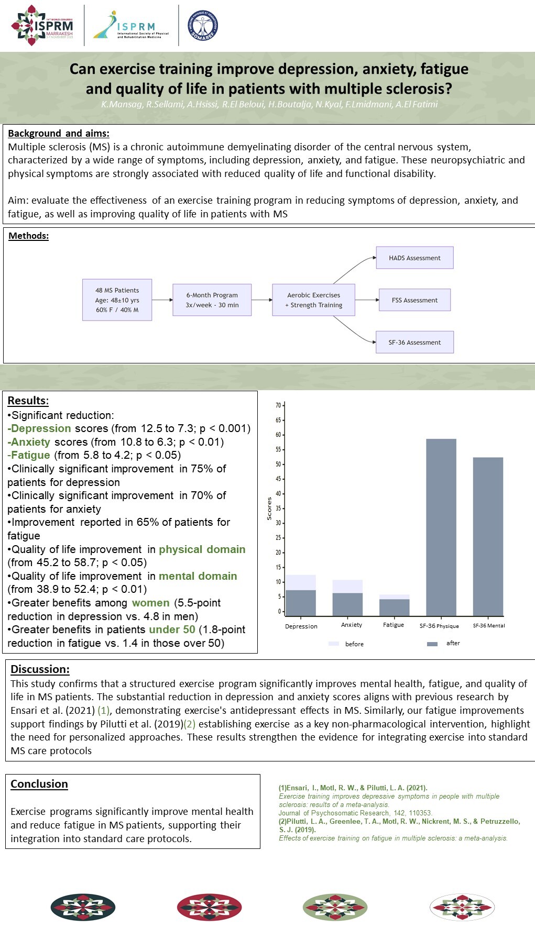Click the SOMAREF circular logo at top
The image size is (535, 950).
point(202,26)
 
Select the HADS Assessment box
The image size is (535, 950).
point(414,258)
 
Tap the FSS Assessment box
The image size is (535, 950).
point(414,300)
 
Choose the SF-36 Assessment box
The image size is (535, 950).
point(414,343)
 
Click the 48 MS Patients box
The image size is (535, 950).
point(117,300)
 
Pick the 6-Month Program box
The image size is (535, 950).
point(212,300)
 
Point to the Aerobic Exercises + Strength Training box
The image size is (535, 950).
point(313,300)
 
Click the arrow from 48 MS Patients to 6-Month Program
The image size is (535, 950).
point(162,300)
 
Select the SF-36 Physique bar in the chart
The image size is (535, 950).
point(441,527)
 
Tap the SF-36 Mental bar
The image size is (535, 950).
point(488,536)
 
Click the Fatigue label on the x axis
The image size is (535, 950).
point(394,625)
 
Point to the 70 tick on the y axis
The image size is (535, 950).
point(278,405)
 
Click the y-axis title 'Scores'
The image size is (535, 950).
point(269,509)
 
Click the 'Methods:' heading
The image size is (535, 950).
point(28,236)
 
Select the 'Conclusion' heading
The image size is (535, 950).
point(39,784)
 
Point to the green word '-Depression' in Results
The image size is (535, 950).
point(39,428)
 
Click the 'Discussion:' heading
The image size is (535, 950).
point(40,669)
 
